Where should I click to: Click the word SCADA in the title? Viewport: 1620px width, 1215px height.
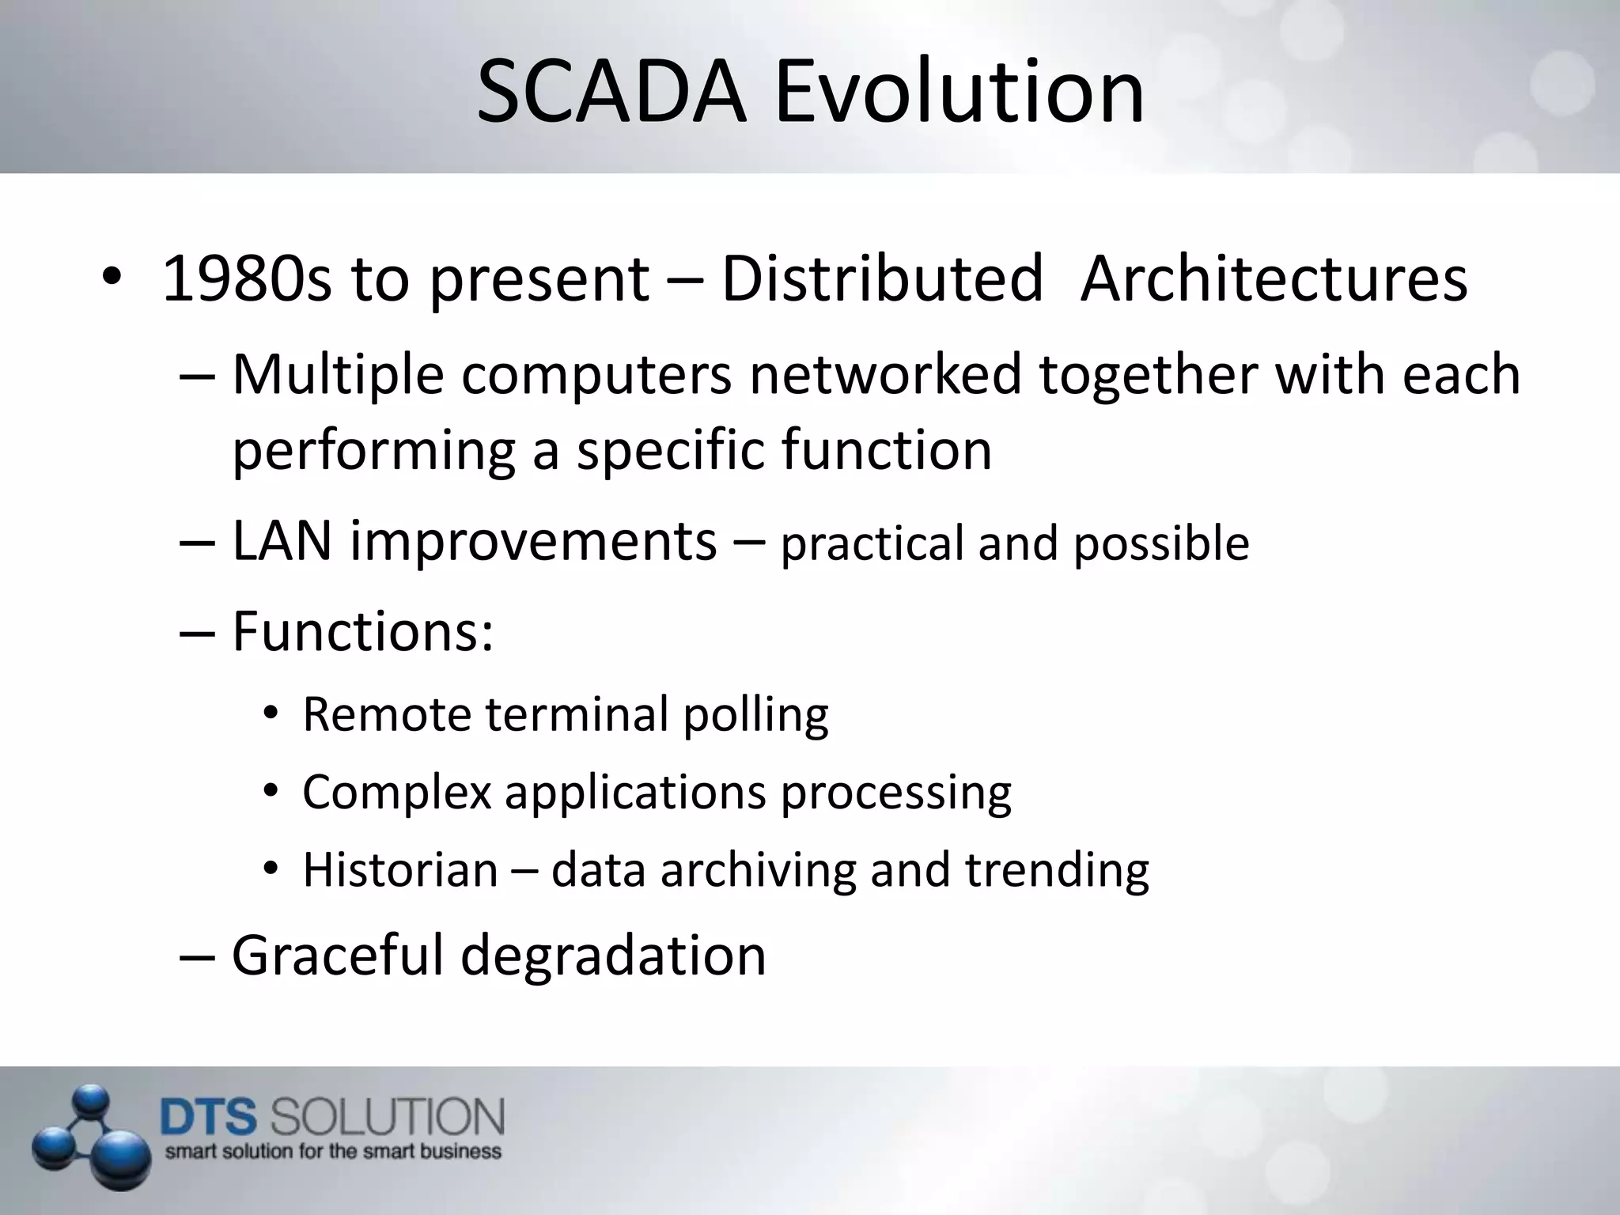point(611,93)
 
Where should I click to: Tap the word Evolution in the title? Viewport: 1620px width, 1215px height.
point(960,93)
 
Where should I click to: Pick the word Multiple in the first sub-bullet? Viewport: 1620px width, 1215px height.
point(338,375)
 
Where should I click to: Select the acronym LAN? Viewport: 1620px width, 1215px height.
point(281,542)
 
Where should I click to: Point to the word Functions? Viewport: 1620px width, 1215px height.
point(363,631)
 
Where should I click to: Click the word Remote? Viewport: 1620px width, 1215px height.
point(387,714)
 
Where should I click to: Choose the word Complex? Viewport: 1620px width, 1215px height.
point(397,793)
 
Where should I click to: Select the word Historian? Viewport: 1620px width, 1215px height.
point(400,870)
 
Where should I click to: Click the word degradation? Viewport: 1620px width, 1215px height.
point(613,956)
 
